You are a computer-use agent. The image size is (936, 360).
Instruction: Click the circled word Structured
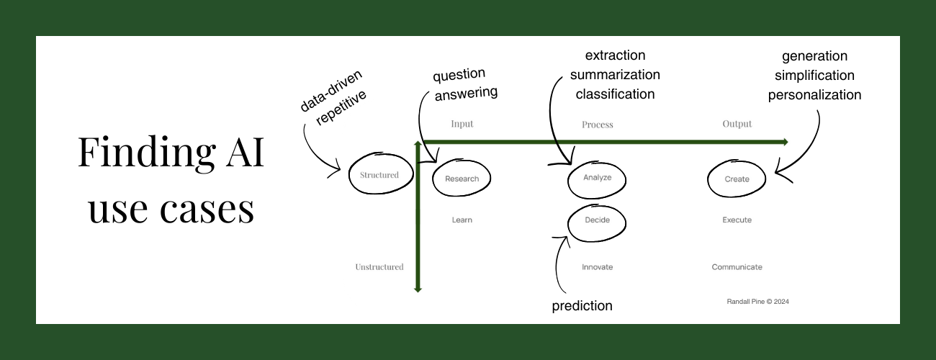[x=379, y=175]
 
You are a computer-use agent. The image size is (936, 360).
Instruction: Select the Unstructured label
[x=379, y=267]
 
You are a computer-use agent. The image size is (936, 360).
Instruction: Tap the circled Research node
[x=462, y=179]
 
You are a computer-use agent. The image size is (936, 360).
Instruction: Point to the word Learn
[x=462, y=220]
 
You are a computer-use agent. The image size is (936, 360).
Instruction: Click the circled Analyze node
[x=597, y=178]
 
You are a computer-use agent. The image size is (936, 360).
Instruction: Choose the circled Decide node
[x=597, y=220]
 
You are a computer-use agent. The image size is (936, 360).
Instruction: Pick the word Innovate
[x=597, y=267]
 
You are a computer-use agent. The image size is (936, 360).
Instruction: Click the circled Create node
[x=737, y=179]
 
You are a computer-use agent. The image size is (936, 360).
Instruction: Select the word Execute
[x=737, y=220]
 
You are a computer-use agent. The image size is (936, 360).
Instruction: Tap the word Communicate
[x=737, y=267]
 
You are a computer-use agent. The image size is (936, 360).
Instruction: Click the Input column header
[x=462, y=124]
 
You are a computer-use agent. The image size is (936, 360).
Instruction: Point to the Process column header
[x=597, y=125]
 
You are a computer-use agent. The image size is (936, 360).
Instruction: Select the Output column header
[x=737, y=124]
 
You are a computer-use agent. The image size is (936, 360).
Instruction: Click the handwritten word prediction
[x=582, y=306]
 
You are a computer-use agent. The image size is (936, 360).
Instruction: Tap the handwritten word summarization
[x=615, y=74]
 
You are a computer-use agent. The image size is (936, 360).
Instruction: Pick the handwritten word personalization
[x=814, y=94]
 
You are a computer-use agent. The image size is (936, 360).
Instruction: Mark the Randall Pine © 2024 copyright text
[x=758, y=302]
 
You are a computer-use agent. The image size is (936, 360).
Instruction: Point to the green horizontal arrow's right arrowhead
[x=784, y=142]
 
